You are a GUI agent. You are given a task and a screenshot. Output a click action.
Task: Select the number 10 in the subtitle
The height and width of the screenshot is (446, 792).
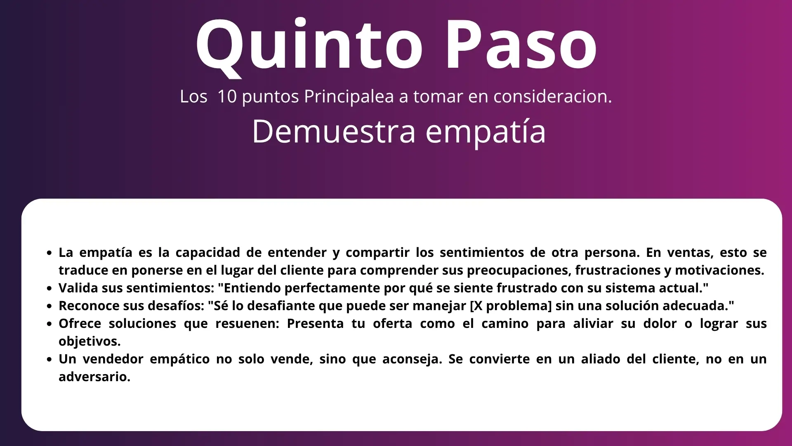227,96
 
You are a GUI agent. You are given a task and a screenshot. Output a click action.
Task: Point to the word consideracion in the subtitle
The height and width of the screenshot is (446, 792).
553,96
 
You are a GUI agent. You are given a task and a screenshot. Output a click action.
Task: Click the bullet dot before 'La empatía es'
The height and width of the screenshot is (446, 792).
49,253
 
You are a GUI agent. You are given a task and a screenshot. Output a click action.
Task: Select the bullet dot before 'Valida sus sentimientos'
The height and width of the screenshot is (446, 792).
49,288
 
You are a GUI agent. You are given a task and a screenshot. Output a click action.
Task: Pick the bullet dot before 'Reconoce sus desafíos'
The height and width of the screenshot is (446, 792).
49,306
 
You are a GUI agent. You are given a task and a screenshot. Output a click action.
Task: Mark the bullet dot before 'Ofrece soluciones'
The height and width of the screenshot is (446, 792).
49,324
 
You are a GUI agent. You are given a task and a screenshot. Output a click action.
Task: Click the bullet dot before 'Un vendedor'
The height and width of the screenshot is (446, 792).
49,359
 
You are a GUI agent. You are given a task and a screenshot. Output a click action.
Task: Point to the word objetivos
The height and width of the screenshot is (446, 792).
90,342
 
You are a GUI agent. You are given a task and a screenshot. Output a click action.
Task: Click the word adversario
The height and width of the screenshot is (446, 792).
94,377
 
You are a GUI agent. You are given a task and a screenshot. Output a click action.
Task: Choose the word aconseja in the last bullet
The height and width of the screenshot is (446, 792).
412,360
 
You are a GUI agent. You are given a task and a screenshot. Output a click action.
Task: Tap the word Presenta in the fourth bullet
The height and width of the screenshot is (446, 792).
315,323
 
